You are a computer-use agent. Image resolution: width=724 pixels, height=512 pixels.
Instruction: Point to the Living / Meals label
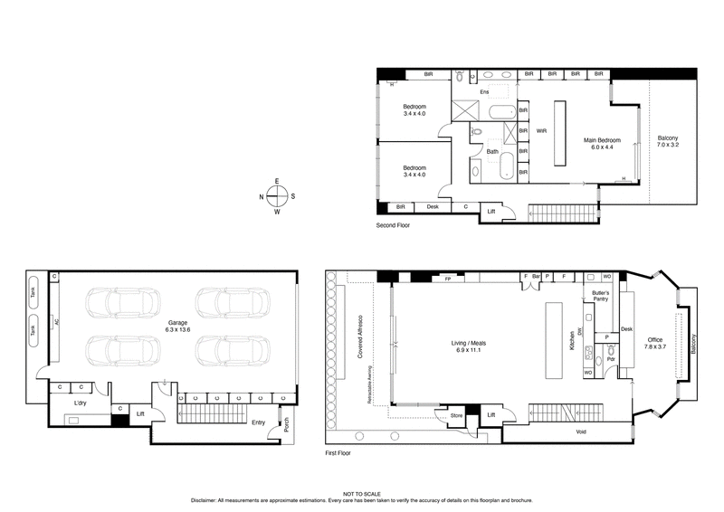coord(471,346)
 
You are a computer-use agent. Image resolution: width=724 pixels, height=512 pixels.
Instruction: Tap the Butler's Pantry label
coord(601,297)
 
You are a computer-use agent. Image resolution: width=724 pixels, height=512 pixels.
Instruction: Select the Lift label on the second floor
coord(491,211)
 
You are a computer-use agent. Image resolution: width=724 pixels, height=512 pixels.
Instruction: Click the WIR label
coord(542,131)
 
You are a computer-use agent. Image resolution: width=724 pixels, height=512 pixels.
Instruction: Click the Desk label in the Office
coord(626,328)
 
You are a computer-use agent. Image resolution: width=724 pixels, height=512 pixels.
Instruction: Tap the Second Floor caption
coord(392,224)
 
